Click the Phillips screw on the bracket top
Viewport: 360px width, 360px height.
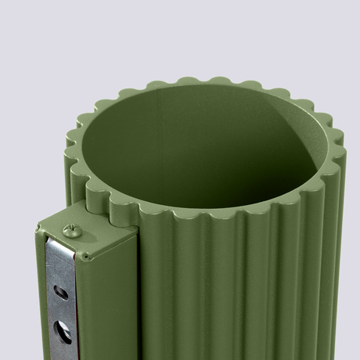(70, 230)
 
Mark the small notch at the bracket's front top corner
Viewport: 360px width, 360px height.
(82, 255)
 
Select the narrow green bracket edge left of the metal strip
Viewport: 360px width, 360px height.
(38, 297)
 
